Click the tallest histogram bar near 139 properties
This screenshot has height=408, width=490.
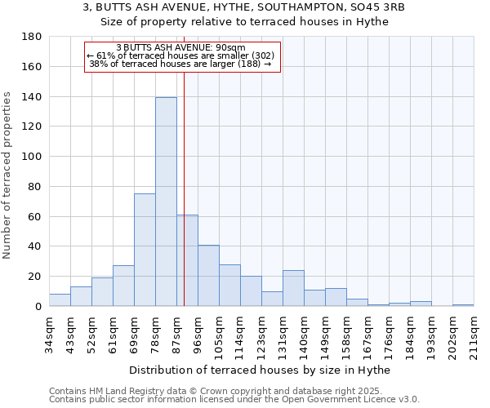tap(166, 202)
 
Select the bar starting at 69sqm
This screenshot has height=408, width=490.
tap(145, 250)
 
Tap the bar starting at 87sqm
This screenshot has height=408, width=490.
tap(187, 260)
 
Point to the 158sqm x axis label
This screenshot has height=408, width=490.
tap(346, 333)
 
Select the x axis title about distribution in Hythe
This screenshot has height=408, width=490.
tap(260, 370)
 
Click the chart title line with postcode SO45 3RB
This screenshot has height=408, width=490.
tap(244, 7)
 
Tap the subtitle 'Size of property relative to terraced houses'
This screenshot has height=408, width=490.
tap(244, 22)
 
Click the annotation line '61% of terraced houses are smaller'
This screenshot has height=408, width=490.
tap(181, 55)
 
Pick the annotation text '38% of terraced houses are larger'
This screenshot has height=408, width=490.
tap(180, 64)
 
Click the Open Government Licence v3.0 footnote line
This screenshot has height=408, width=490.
tap(234, 400)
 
